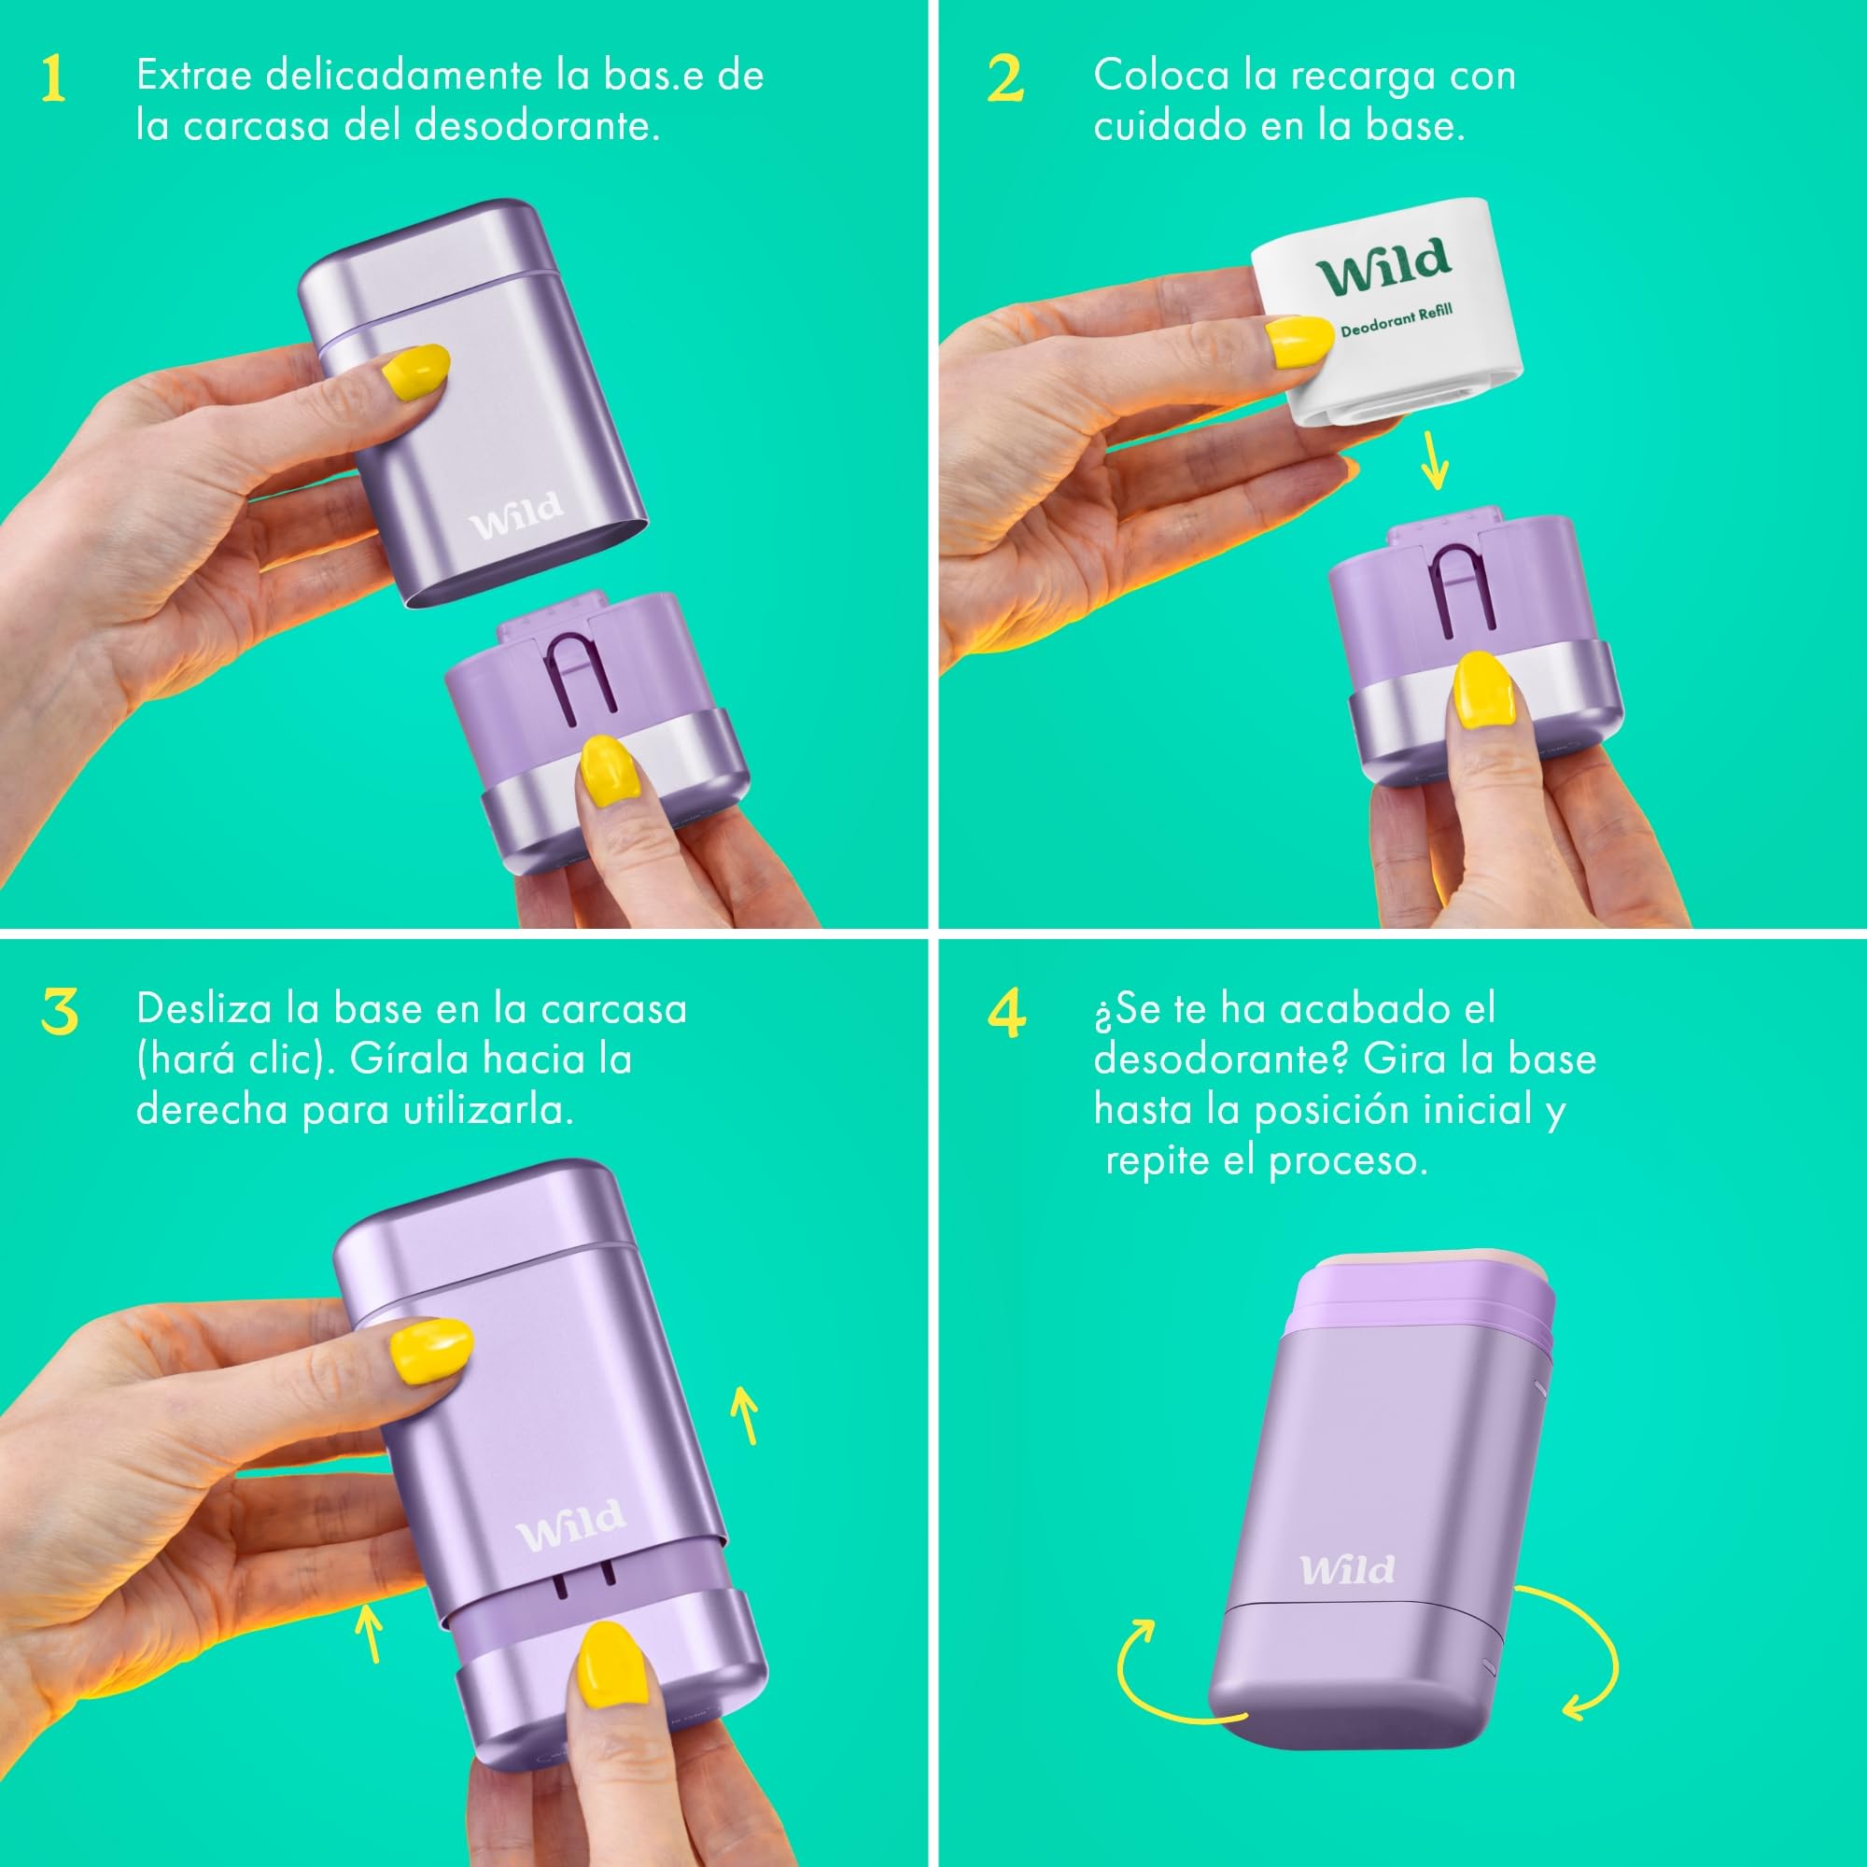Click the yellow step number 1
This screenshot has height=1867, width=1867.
pyautogui.click(x=53, y=78)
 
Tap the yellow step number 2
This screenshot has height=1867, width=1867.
pyautogui.click(x=1006, y=78)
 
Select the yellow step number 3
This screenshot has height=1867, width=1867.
pyautogui.click(x=60, y=1012)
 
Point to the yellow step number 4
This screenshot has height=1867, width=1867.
pyautogui.click(x=1007, y=1013)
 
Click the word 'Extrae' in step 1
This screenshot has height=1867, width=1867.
pyautogui.click(x=194, y=76)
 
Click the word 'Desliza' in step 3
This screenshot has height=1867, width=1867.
pyautogui.click(x=204, y=1009)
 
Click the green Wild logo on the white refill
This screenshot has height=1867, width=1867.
pyautogui.click(x=1383, y=266)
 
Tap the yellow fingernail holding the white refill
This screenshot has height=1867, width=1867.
pyautogui.click(x=1298, y=342)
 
